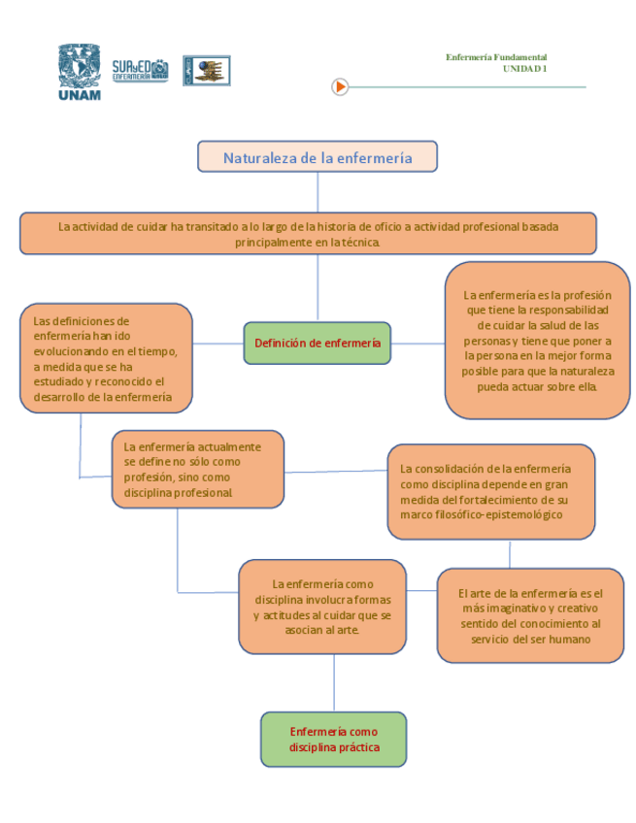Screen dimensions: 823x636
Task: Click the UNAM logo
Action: [80, 71]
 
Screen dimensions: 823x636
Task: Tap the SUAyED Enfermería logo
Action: [140, 70]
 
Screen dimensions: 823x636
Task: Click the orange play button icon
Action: [340, 86]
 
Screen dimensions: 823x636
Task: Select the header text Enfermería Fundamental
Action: [496, 57]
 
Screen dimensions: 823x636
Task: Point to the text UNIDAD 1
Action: [524, 69]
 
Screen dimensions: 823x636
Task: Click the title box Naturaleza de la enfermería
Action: [318, 157]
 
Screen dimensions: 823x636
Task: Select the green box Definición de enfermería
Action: [317, 343]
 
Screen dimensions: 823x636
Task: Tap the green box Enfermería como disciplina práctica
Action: [333, 740]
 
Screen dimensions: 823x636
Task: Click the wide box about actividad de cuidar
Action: [308, 234]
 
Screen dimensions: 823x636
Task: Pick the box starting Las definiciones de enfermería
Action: [106, 358]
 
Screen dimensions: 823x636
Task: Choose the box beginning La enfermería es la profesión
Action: [537, 340]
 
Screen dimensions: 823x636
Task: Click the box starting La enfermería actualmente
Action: [197, 470]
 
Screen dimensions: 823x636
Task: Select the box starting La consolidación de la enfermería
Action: [490, 491]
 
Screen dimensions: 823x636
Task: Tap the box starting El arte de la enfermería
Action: [530, 615]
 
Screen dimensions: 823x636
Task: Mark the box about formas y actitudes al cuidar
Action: [322, 607]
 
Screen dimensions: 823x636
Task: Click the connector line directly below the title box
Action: [318, 191]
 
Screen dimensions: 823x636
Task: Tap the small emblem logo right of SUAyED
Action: [207, 70]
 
